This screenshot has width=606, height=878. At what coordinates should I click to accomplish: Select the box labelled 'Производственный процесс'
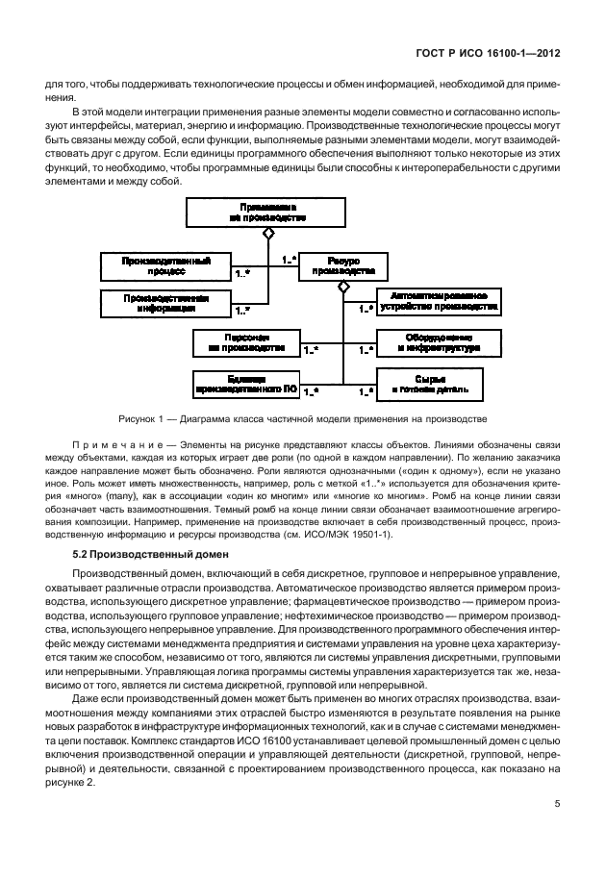point(166,265)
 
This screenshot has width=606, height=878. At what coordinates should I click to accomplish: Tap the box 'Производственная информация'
point(166,304)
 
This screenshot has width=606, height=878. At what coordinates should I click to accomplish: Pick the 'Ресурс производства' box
point(330,265)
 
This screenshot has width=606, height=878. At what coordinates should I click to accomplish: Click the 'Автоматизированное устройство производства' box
point(439,302)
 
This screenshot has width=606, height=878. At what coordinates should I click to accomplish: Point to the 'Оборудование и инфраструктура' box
point(439,342)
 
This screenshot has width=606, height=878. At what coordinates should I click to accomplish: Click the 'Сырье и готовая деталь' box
point(439,384)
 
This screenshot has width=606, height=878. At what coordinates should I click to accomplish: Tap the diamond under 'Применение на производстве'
point(268,233)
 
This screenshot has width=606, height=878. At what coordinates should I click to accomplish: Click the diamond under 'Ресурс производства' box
point(341,287)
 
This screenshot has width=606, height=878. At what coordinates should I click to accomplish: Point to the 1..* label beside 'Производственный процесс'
point(243,274)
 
